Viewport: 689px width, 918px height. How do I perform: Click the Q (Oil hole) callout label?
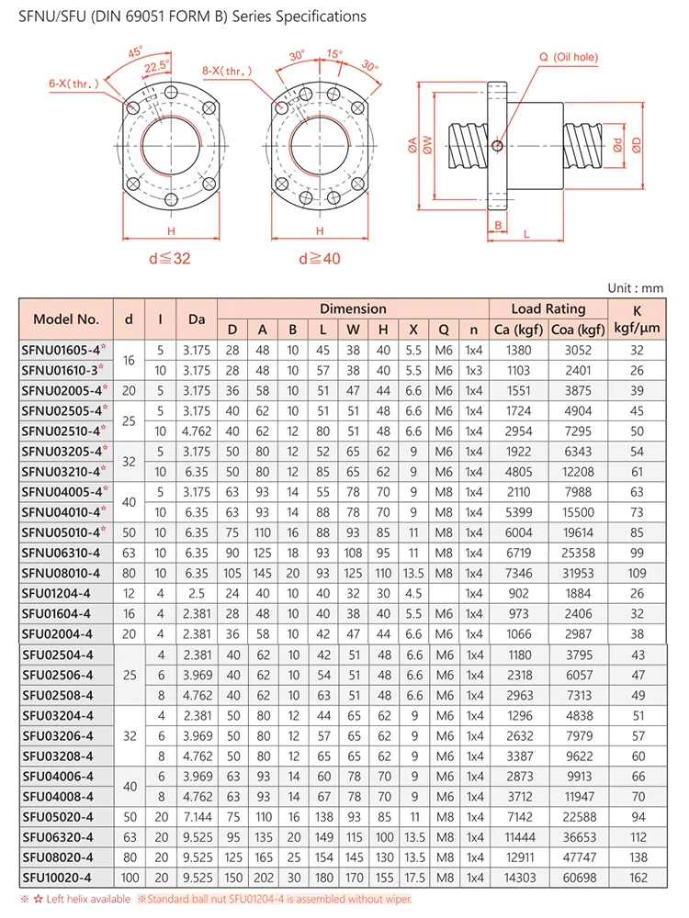(569, 57)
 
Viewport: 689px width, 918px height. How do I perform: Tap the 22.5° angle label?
(156, 66)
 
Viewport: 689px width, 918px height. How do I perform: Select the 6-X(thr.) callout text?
(73, 84)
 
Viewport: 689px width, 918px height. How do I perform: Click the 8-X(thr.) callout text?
(227, 71)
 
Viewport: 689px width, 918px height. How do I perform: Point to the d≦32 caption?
(170, 258)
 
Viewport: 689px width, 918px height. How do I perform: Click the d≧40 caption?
(320, 258)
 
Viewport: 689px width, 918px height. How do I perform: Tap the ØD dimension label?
(637, 145)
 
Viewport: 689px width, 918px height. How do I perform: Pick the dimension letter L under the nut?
(526, 234)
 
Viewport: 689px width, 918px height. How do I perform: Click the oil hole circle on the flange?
(497, 145)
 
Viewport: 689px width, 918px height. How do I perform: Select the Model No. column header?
(65, 319)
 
